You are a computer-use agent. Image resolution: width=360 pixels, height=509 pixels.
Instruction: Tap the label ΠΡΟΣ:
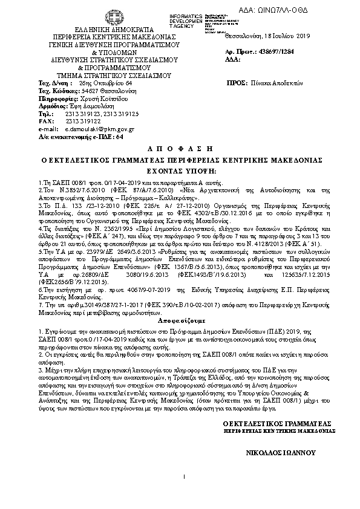(234, 82)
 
